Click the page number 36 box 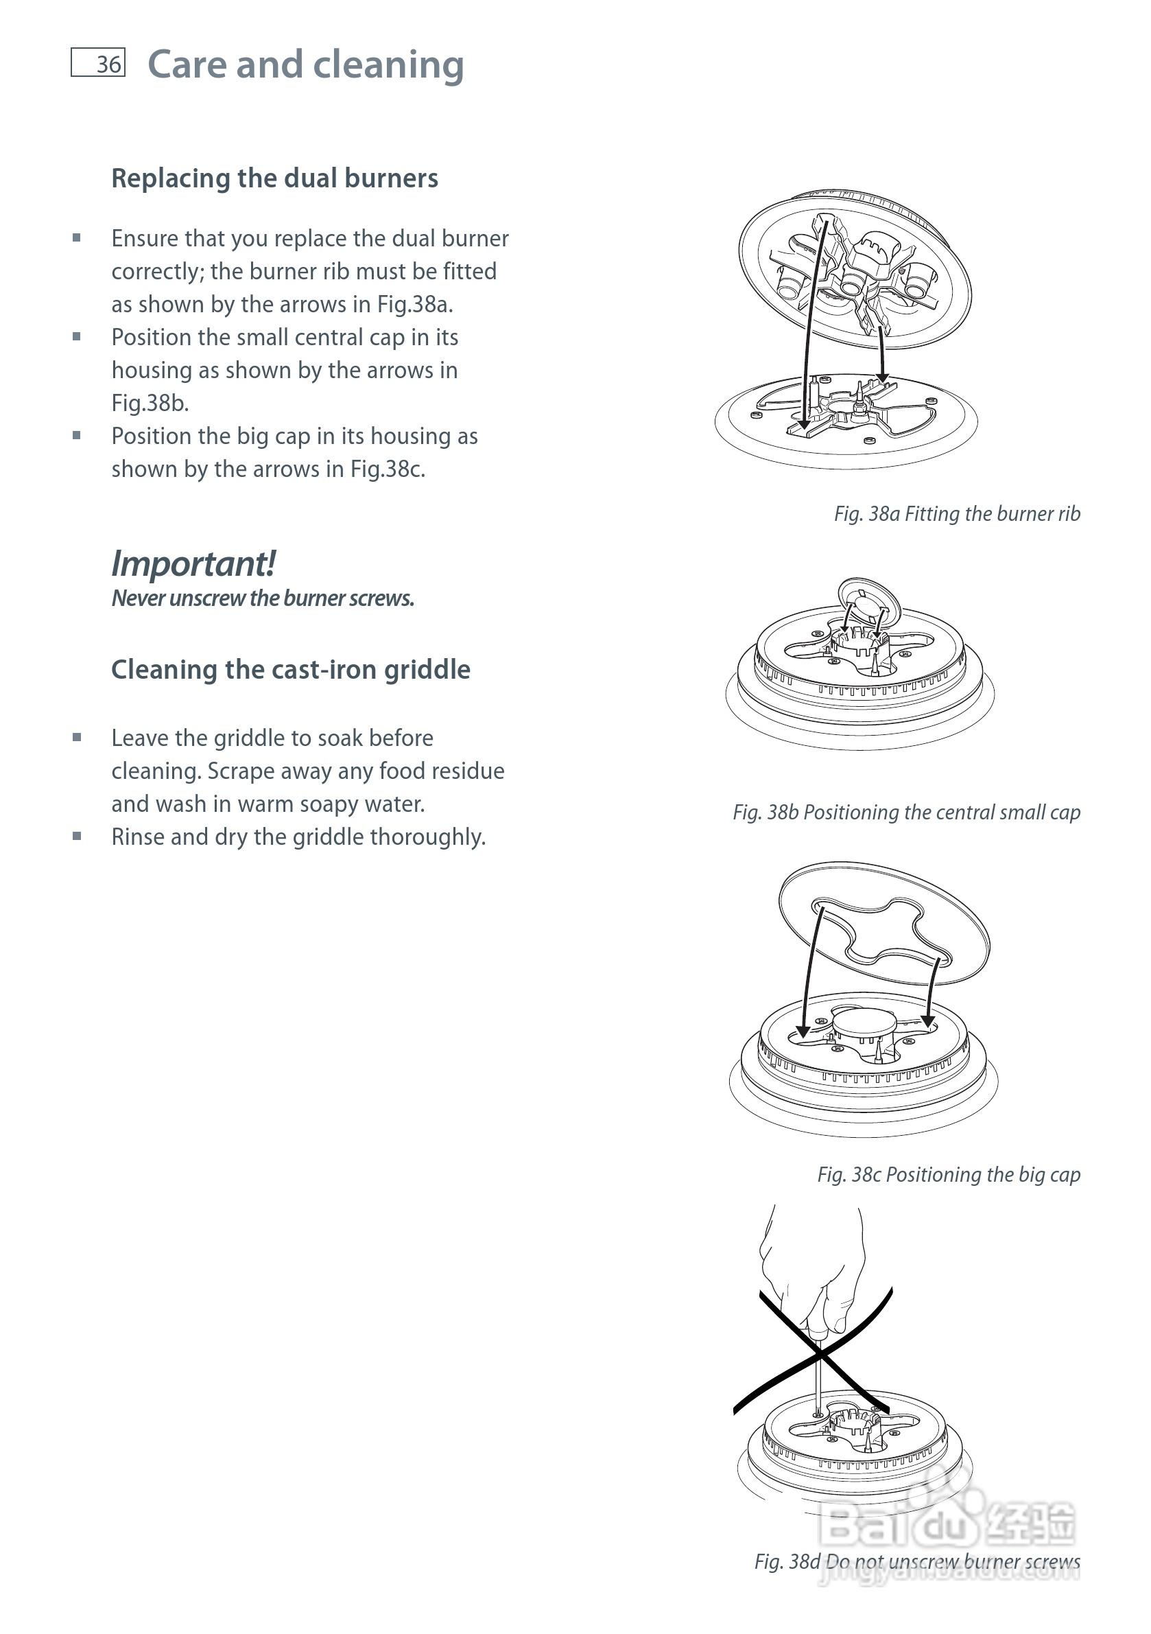pyautogui.click(x=98, y=62)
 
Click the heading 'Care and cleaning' pyautogui.click(x=306, y=65)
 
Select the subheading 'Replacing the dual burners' pyautogui.click(x=274, y=178)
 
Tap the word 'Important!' pyautogui.click(x=193, y=563)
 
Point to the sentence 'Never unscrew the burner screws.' pyautogui.click(x=263, y=598)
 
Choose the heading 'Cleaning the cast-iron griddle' pyautogui.click(x=291, y=670)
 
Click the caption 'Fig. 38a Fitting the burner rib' pyautogui.click(x=958, y=514)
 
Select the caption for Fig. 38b pyautogui.click(x=907, y=813)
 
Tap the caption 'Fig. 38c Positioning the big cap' pyautogui.click(x=949, y=1175)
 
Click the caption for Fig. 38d pyautogui.click(x=918, y=1562)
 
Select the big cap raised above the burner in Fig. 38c pyautogui.click(x=884, y=923)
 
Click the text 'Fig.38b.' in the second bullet pyautogui.click(x=150, y=404)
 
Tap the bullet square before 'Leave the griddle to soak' pyautogui.click(x=77, y=738)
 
